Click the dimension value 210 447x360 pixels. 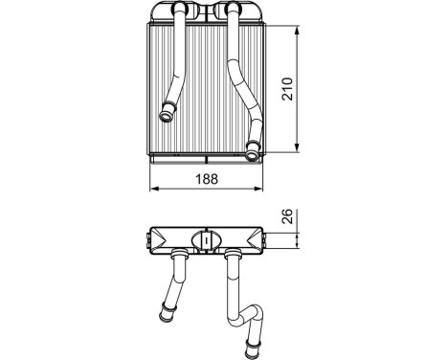(287, 89)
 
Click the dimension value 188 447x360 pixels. (207, 179)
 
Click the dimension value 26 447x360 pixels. (287, 216)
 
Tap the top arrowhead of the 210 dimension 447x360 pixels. (297, 32)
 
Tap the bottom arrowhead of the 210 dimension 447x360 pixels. (297, 147)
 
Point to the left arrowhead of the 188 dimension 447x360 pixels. (154, 189)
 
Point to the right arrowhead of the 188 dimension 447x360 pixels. (258, 189)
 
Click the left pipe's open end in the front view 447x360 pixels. (167, 116)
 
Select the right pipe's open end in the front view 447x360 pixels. (252, 156)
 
